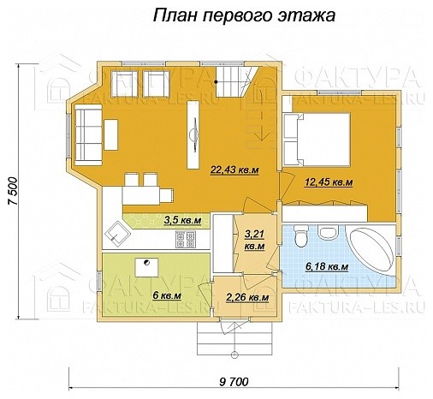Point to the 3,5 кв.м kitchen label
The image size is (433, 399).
coord(181,221)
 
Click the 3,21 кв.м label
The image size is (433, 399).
coord(254,239)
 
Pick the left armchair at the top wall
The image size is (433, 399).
coord(125,83)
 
